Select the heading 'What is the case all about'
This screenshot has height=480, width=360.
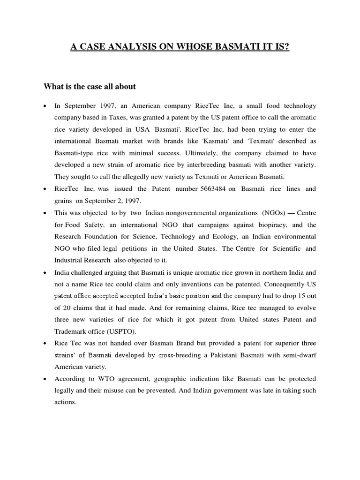tap(90, 86)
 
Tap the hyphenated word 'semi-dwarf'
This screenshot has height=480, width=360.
tap(299, 356)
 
